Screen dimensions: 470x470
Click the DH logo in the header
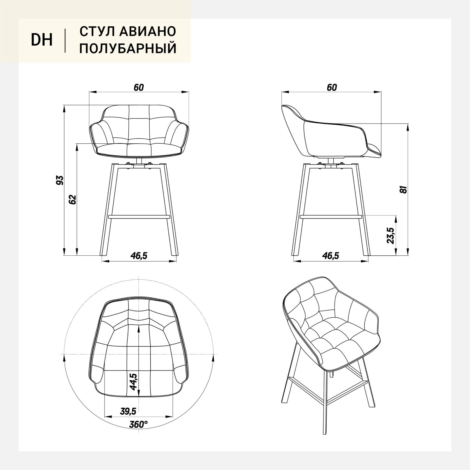tap(42, 40)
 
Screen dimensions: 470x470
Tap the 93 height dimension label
tap(60, 180)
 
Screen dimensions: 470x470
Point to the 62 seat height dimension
tap(73, 199)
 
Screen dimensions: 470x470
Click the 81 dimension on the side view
tap(404, 189)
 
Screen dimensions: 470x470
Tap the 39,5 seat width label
tap(128, 411)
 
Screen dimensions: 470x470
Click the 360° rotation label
tap(138, 425)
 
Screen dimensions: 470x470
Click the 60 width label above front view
tap(139, 87)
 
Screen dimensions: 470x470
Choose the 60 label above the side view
tap(332, 87)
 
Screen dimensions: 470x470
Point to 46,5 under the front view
tap(139, 256)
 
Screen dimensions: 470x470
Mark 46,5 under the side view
tap(331, 256)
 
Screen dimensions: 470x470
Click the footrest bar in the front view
tap(139, 217)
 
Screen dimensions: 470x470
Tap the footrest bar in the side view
tap(331, 217)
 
